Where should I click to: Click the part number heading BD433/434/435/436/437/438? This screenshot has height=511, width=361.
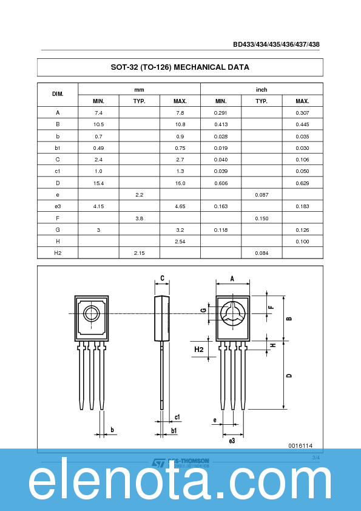(276, 44)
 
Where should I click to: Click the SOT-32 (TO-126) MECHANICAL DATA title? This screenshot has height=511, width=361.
(180, 67)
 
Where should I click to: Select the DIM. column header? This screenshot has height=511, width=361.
(58, 95)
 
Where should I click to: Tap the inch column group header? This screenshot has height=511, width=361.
(261, 89)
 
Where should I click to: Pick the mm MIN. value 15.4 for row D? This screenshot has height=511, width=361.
(98, 183)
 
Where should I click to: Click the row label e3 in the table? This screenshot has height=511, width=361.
(58, 206)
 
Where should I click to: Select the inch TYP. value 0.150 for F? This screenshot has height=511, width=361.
(261, 218)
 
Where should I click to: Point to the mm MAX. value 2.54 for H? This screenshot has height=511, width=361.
(180, 242)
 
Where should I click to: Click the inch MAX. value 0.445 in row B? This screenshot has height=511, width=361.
(302, 124)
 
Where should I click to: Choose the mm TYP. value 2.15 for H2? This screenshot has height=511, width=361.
(139, 253)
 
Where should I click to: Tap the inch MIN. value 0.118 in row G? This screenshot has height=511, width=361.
(220, 230)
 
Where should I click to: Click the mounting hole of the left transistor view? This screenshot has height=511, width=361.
(92, 313)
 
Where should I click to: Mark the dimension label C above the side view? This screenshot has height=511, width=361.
(162, 279)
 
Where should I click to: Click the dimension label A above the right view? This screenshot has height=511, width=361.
(232, 279)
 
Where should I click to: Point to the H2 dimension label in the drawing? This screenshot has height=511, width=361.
(199, 350)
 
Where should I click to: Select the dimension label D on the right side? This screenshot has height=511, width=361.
(289, 376)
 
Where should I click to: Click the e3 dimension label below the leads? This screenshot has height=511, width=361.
(232, 441)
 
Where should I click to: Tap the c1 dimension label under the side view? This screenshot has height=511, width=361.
(177, 417)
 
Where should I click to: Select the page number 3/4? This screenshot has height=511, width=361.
(315, 457)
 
